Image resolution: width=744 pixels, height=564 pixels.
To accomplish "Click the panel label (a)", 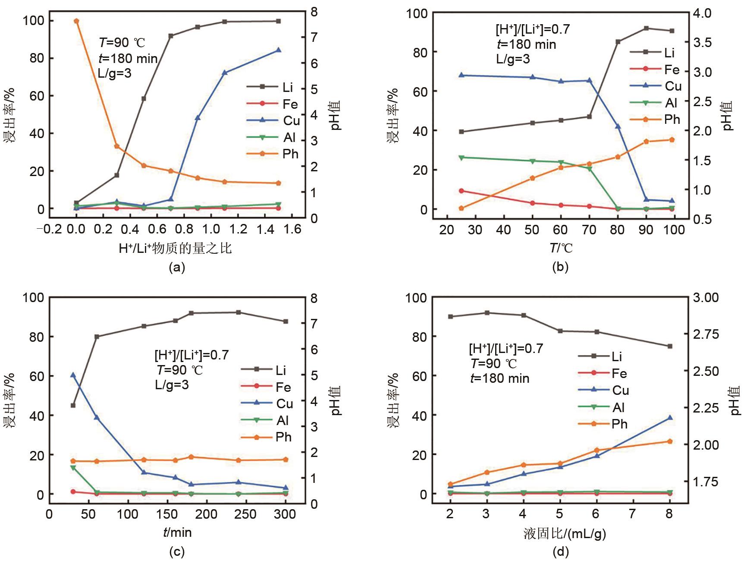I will pyautogui.click(x=177, y=268).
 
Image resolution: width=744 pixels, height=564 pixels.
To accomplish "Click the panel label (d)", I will pyautogui.click(x=560, y=551).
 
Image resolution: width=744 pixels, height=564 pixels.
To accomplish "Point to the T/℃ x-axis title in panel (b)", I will pyautogui.click(x=561, y=248).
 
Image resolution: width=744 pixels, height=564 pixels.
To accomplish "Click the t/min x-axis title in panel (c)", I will pyautogui.click(x=177, y=532).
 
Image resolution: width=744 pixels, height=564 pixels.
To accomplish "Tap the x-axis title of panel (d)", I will pyautogui.click(x=565, y=534).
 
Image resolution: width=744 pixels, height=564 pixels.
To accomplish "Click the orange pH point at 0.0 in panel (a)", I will pyautogui.click(x=76, y=21).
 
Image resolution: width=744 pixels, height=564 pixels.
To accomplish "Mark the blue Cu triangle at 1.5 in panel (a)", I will pyautogui.click(x=278, y=50).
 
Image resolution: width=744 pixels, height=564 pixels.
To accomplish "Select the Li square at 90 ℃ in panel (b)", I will pyautogui.click(x=646, y=28).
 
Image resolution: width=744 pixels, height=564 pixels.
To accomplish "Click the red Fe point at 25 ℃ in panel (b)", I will pyautogui.click(x=461, y=191).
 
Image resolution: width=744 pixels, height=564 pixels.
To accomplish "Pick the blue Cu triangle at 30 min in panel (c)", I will pyautogui.click(x=73, y=375).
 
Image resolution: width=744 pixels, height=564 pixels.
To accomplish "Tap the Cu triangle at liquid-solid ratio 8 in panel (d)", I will pyautogui.click(x=670, y=418).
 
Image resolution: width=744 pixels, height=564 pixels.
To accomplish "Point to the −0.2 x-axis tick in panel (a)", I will pyautogui.click(x=49, y=229).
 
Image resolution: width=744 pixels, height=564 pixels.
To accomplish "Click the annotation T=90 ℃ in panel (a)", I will pyautogui.click(x=122, y=43).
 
